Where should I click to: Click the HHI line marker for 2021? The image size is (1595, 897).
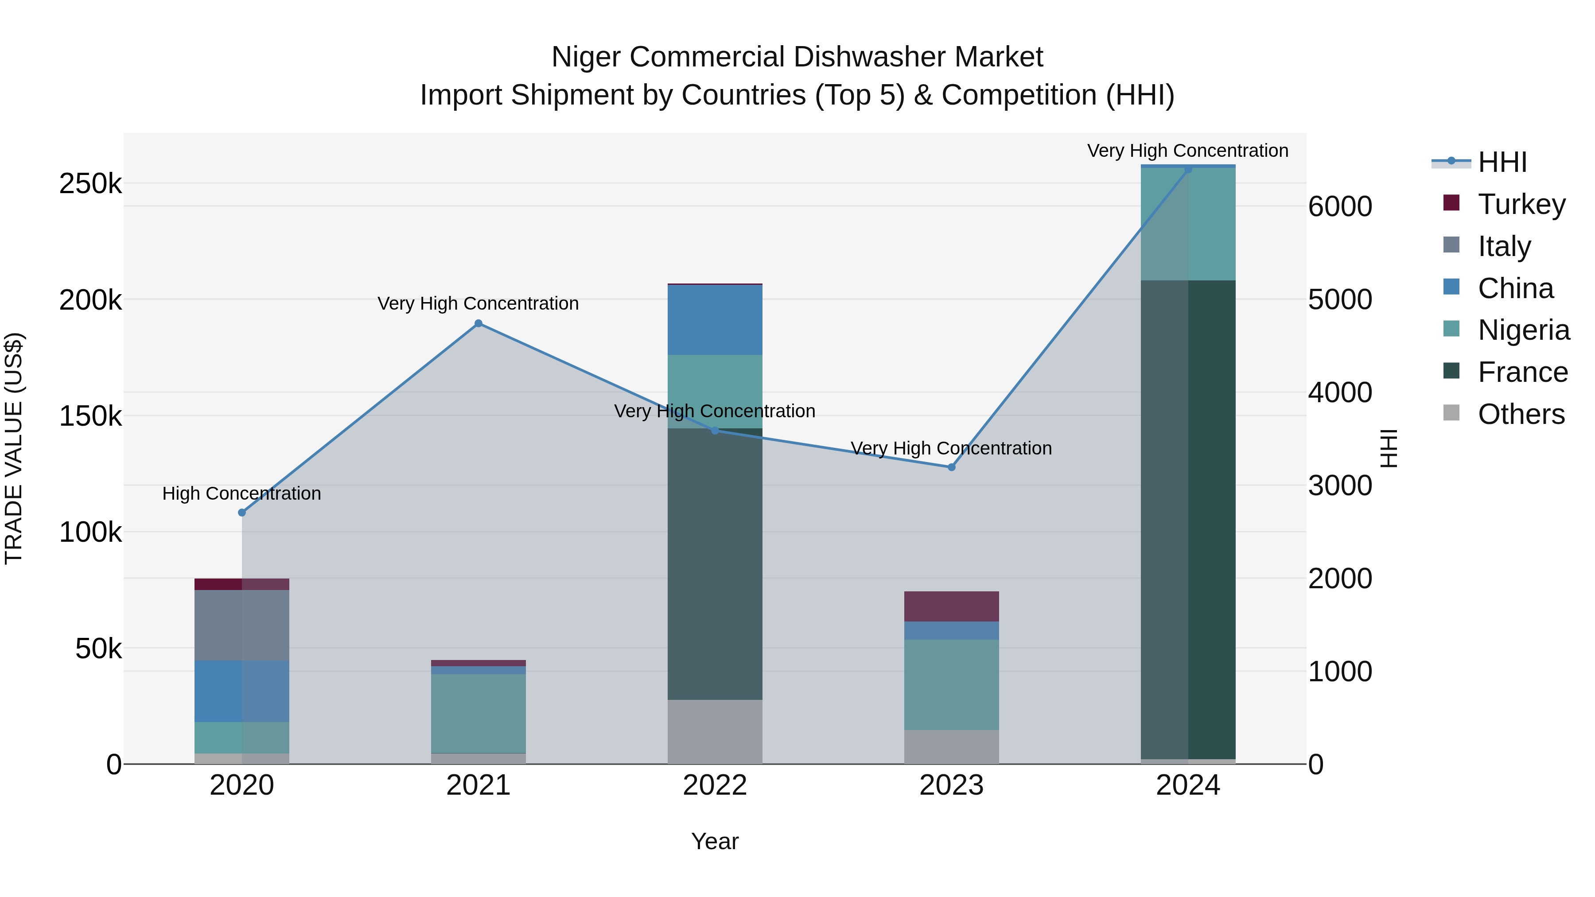[x=478, y=323]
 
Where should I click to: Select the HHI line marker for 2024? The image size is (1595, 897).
[x=1187, y=170]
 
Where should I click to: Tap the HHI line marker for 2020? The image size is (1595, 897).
[x=242, y=513]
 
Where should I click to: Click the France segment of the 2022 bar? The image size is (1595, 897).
[x=715, y=563]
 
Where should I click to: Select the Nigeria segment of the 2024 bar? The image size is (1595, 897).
[x=1187, y=224]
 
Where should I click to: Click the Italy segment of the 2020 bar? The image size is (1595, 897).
[x=242, y=625]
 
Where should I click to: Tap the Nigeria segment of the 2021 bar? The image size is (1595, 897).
[x=478, y=713]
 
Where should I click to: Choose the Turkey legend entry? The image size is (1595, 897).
[x=1521, y=204]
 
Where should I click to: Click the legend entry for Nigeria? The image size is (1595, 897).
[x=1523, y=330]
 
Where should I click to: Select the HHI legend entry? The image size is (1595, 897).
[x=1502, y=162]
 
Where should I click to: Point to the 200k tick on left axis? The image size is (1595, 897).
[x=90, y=300]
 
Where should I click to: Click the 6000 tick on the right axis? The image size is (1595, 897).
[x=1340, y=207]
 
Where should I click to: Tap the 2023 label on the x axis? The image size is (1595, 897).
[x=951, y=785]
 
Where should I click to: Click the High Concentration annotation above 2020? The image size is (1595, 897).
[x=242, y=493]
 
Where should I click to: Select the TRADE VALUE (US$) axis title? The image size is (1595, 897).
[x=14, y=448]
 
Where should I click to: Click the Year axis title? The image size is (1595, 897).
[x=715, y=841]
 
